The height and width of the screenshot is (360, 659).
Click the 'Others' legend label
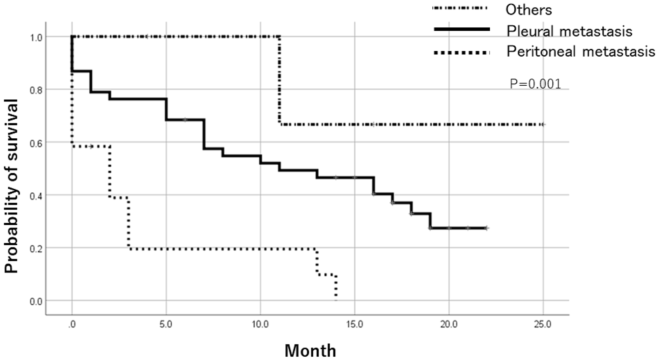click(529, 10)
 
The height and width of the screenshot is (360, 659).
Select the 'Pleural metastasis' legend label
click(569, 31)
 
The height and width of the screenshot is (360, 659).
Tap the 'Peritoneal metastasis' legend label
click(581, 52)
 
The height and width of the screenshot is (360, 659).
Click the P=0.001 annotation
click(535, 84)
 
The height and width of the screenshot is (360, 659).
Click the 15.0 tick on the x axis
click(355, 324)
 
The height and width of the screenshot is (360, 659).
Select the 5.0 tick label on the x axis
click(166, 324)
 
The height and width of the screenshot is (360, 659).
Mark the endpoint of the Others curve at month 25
click(543, 125)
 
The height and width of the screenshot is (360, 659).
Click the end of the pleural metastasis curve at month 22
click(486, 228)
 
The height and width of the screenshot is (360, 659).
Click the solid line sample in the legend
click(462, 30)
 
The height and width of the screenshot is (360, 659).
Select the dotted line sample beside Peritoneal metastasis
click(462, 52)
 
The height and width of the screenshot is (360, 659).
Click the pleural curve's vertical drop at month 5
click(166, 109)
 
